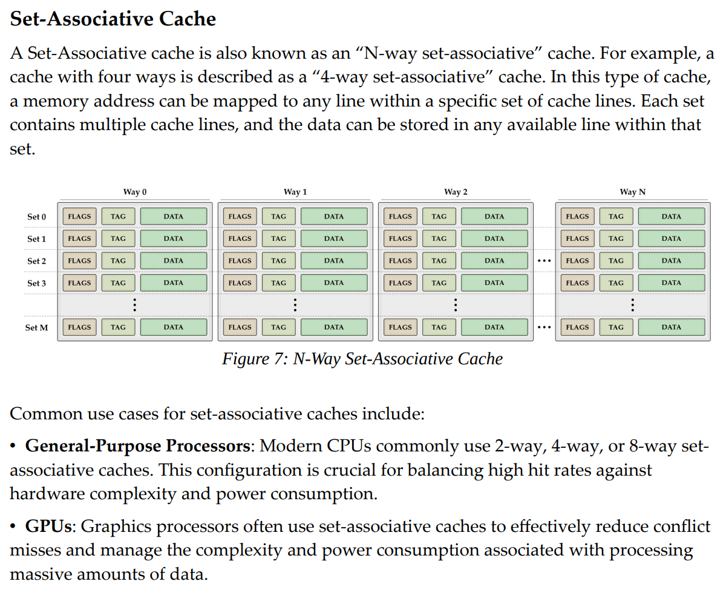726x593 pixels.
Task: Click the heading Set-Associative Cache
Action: point(113,19)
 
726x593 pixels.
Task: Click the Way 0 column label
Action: point(135,192)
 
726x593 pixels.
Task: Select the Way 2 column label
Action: point(456,192)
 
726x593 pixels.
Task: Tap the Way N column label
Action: point(632,192)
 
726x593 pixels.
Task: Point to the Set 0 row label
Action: point(37,217)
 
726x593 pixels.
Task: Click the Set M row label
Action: point(36,327)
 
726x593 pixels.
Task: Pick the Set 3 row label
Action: point(37,283)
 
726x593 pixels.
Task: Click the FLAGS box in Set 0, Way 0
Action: point(79,217)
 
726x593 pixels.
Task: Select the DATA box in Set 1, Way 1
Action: point(334,238)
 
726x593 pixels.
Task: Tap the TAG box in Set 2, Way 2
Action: point(439,261)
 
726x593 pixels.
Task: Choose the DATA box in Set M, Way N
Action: point(671,327)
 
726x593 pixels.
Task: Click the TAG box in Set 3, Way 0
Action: point(119,283)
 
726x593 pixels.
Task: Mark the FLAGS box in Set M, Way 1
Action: point(240,327)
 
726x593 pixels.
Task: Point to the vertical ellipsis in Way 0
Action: point(134,304)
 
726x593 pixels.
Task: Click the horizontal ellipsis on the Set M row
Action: point(544,327)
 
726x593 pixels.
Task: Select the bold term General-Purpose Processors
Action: point(137,447)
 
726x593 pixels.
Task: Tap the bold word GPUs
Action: point(48,526)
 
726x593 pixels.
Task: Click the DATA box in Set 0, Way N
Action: point(671,217)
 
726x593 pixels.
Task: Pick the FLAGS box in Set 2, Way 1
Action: point(240,261)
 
